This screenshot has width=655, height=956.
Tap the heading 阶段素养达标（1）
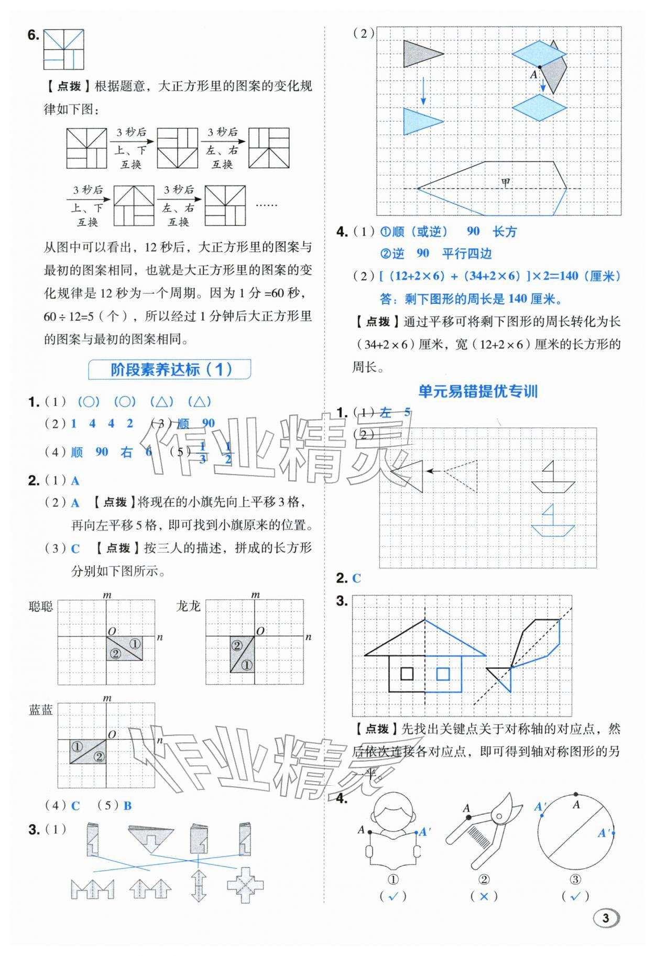point(170,369)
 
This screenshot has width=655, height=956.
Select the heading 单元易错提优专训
point(478,391)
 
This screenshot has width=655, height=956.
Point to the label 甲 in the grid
point(505,183)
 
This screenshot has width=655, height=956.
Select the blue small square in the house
point(443,674)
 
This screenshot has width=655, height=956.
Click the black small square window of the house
point(407,674)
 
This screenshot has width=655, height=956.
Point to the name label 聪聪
point(41,607)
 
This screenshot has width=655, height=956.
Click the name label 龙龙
point(189,607)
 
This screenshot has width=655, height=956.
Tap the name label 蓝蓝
point(41,710)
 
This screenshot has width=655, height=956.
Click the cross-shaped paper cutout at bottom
point(245,885)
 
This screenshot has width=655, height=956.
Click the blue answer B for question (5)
point(128,806)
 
